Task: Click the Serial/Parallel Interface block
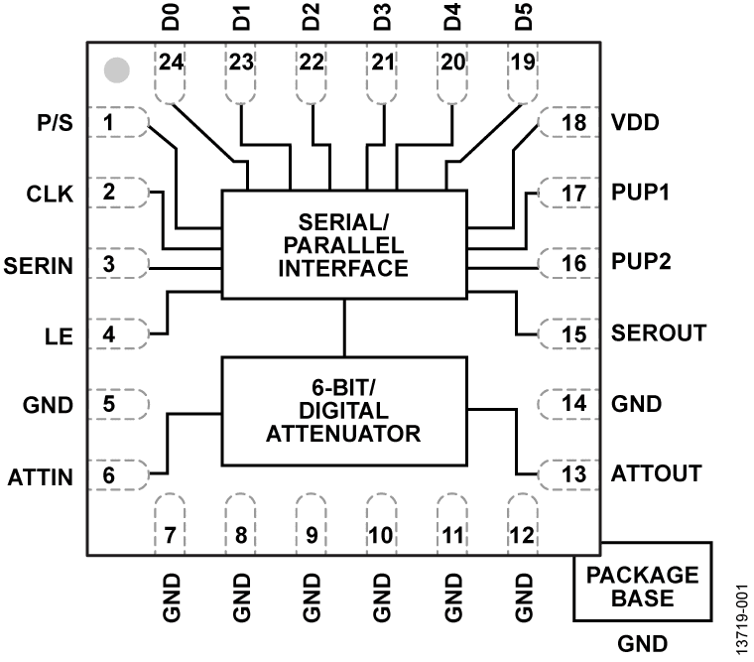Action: point(343,244)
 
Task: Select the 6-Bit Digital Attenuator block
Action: point(343,411)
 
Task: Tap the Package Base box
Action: point(642,587)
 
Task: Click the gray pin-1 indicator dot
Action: point(117,69)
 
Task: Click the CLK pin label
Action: point(49,195)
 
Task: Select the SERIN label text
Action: point(38,266)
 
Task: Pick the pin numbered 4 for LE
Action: point(109,334)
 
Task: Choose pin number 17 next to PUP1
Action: point(572,194)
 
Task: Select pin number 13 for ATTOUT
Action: point(572,474)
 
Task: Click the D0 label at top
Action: point(172,19)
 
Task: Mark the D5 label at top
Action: point(524,19)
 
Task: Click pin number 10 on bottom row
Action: point(381,535)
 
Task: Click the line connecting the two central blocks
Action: point(343,328)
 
